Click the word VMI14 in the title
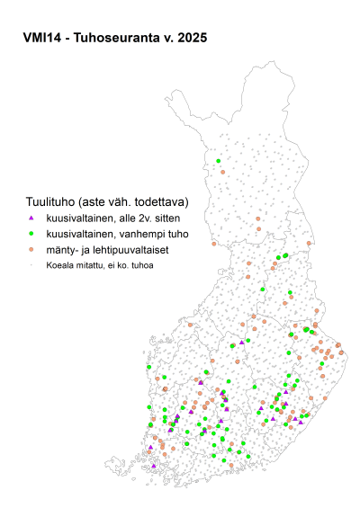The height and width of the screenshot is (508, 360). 42,39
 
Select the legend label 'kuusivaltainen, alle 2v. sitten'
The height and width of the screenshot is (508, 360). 112,218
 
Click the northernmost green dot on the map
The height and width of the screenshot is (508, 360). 218,163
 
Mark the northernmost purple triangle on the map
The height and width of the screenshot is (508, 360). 241,342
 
